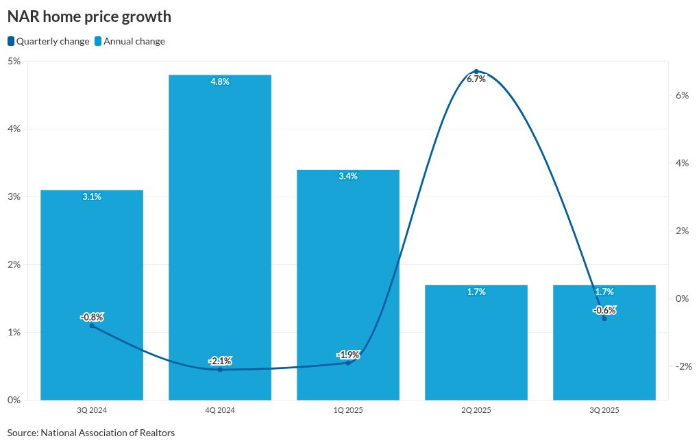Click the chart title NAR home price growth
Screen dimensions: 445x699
89,16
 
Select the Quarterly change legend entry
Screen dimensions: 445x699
49,41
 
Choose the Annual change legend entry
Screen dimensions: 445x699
130,41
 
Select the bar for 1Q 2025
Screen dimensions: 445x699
348,274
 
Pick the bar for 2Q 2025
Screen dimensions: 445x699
476,342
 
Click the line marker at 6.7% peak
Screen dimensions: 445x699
476,71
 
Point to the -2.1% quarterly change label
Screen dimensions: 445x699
220,361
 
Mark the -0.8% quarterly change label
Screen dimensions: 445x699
92,317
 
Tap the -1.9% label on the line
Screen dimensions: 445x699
348,355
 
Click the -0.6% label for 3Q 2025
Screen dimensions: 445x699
604,310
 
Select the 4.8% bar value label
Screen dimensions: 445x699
220,81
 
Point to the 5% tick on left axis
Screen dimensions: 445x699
14,61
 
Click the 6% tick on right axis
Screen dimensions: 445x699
682,95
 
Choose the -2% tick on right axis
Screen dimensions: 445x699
683,366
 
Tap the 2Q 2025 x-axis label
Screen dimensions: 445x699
476,410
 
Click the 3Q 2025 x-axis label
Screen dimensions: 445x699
604,410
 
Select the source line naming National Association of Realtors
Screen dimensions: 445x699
91,433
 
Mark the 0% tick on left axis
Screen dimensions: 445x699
14,400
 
